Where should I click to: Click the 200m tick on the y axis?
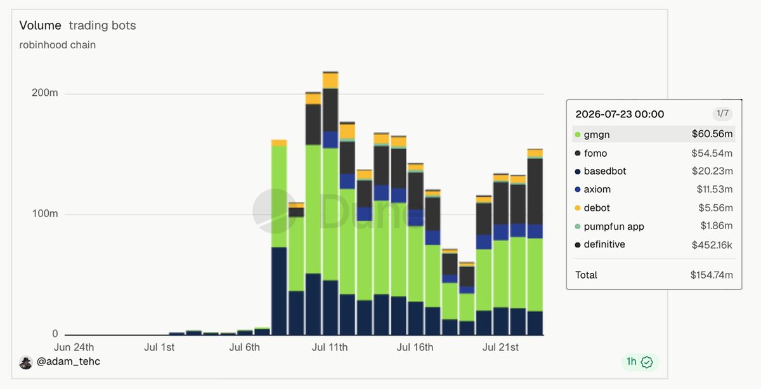[45, 93]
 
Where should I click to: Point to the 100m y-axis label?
[45, 214]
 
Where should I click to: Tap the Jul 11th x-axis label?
[330, 347]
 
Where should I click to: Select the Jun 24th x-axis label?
[74, 347]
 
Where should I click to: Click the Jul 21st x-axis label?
[500, 347]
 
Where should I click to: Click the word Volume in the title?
[40, 25]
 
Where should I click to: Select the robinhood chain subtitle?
[58, 45]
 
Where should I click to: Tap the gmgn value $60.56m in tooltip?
[712, 134]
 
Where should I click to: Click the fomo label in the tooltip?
[595, 154]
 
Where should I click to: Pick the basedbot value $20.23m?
[712, 171]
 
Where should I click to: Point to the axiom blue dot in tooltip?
[578, 189]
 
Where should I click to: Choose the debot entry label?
[597, 208]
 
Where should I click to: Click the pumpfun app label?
[614, 227]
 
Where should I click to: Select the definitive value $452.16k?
[712, 245]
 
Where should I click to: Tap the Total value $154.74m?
[712, 275]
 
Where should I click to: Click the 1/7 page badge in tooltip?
[722, 113]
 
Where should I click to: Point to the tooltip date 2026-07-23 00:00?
[620, 114]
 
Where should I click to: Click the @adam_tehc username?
[68, 362]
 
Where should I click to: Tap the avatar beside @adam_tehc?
[26, 362]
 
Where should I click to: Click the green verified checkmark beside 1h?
[646, 362]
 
